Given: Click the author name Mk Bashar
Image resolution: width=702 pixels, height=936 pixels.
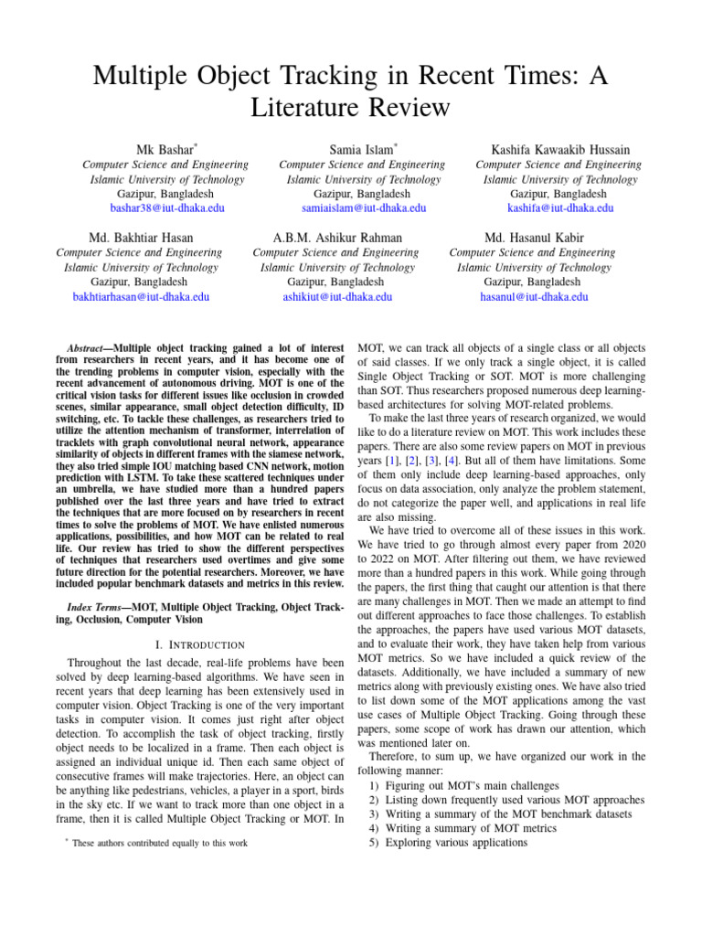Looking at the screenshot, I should [165, 149].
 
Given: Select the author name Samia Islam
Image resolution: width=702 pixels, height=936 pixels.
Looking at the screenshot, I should [363, 149].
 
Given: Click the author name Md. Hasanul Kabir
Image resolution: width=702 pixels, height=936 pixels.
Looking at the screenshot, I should [534, 238].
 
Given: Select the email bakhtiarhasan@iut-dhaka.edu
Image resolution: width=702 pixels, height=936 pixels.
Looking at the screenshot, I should [141, 297].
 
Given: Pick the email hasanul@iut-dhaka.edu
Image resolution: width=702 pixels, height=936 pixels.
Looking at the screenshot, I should [534, 297].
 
